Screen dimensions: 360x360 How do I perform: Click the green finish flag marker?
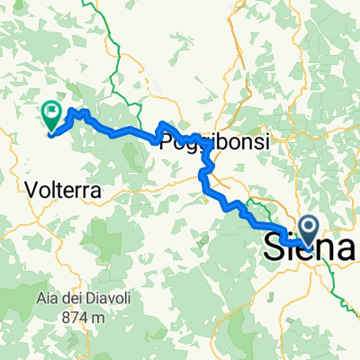point(51,115)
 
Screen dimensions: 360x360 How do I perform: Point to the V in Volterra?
point(33,190)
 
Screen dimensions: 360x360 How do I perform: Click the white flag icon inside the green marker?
point(51,113)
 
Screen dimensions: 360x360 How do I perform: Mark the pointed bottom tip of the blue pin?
point(307,246)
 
